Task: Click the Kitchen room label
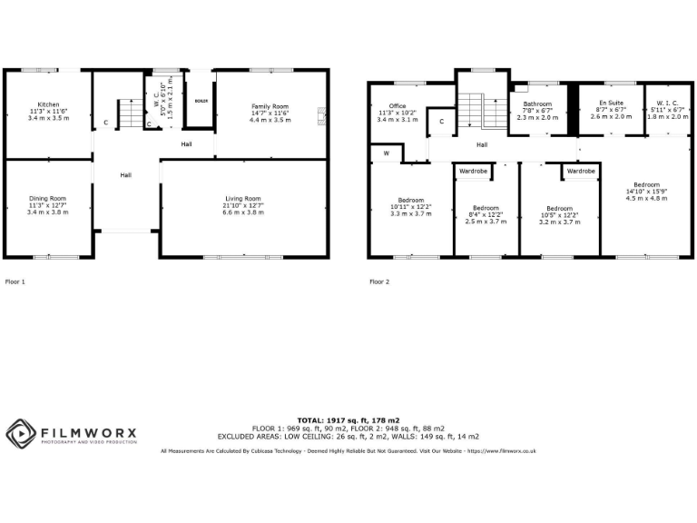pyautogui.click(x=47, y=104)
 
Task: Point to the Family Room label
pyautogui.click(x=269, y=106)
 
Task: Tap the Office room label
pyautogui.click(x=398, y=106)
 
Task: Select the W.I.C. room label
pyautogui.click(x=664, y=104)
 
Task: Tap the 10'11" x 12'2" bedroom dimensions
pyautogui.click(x=410, y=207)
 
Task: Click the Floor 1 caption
pyautogui.click(x=15, y=282)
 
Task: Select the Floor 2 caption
pyautogui.click(x=379, y=282)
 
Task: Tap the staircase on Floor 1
pyautogui.click(x=134, y=113)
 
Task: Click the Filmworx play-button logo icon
pyautogui.click(x=21, y=432)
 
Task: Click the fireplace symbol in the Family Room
pyautogui.click(x=320, y=113)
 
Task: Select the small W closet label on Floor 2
pyautogui.click(x=386, y=153)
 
